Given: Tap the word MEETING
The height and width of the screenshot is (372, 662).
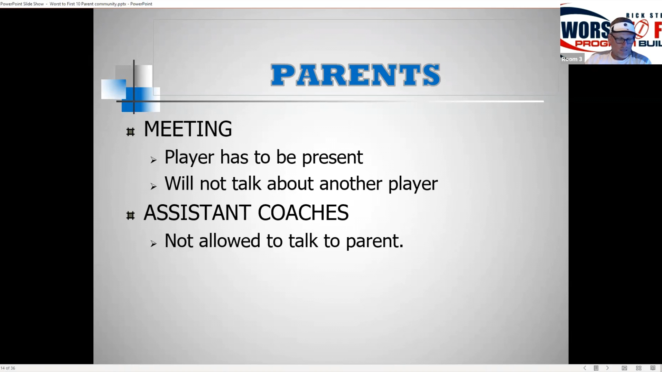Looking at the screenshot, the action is tap(188, 129).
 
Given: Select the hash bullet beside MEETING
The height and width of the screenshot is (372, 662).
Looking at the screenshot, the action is tap(130, 132).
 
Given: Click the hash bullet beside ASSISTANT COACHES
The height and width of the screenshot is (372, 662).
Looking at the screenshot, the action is tap(130, 216).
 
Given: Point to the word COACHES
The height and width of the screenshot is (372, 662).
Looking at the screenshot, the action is tap(303, 213).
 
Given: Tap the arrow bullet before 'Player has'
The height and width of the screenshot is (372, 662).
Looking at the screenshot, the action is tap(153, 160).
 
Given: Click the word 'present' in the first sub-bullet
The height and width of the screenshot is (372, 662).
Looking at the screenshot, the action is tap(332, 158).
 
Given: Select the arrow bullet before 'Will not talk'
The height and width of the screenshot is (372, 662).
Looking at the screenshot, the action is tap(153, 186).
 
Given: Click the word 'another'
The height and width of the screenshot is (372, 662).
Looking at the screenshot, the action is tap(351, 184).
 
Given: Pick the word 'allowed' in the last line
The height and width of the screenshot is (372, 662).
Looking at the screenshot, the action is tap(229, 240).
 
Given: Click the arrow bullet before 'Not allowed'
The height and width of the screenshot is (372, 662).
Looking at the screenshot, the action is tap(153, 244).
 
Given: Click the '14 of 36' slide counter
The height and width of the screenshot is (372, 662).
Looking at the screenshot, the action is tap(8, 368).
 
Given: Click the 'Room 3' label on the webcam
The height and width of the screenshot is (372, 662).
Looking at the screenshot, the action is tap(572, 59).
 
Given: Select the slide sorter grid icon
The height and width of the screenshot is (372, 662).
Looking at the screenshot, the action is tap(639, 368).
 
